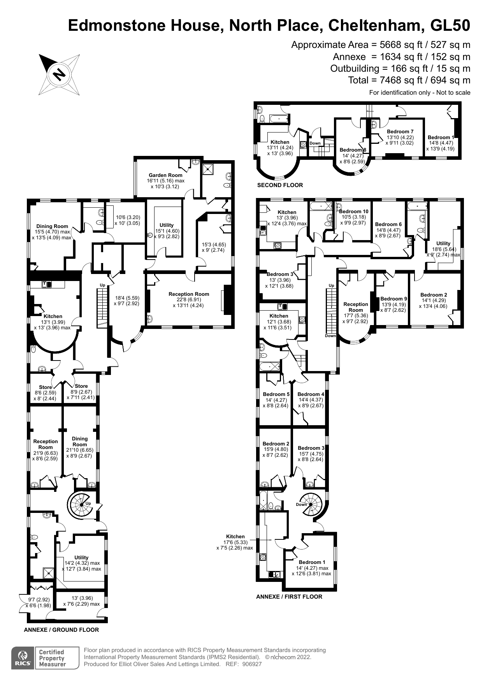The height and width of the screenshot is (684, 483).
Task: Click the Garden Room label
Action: (x=165, y=175)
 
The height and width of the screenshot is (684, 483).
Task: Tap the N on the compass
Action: (x=59, y=74)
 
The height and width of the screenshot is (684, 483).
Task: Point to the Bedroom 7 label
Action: (x=400, y=132)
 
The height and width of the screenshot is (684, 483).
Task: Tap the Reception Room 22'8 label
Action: (x=189, y=294)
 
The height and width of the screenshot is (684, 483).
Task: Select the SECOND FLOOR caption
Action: (x=280, y=185)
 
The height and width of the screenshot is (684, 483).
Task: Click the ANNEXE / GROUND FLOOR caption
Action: (x=61, y=630)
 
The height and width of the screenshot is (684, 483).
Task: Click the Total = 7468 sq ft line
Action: (x=409, y=80)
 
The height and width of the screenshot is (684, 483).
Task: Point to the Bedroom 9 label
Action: (x=393, y=299)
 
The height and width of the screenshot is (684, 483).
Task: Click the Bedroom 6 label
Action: (x=388, y=224)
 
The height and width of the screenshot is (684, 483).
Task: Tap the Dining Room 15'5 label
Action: (x=52, y=226)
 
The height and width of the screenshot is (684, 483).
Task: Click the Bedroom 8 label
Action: (x=353, y=150)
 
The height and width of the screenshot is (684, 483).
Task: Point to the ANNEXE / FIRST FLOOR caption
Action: (x=289, y=597)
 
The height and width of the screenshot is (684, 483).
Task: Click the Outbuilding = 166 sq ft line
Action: (x=400, y=69)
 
